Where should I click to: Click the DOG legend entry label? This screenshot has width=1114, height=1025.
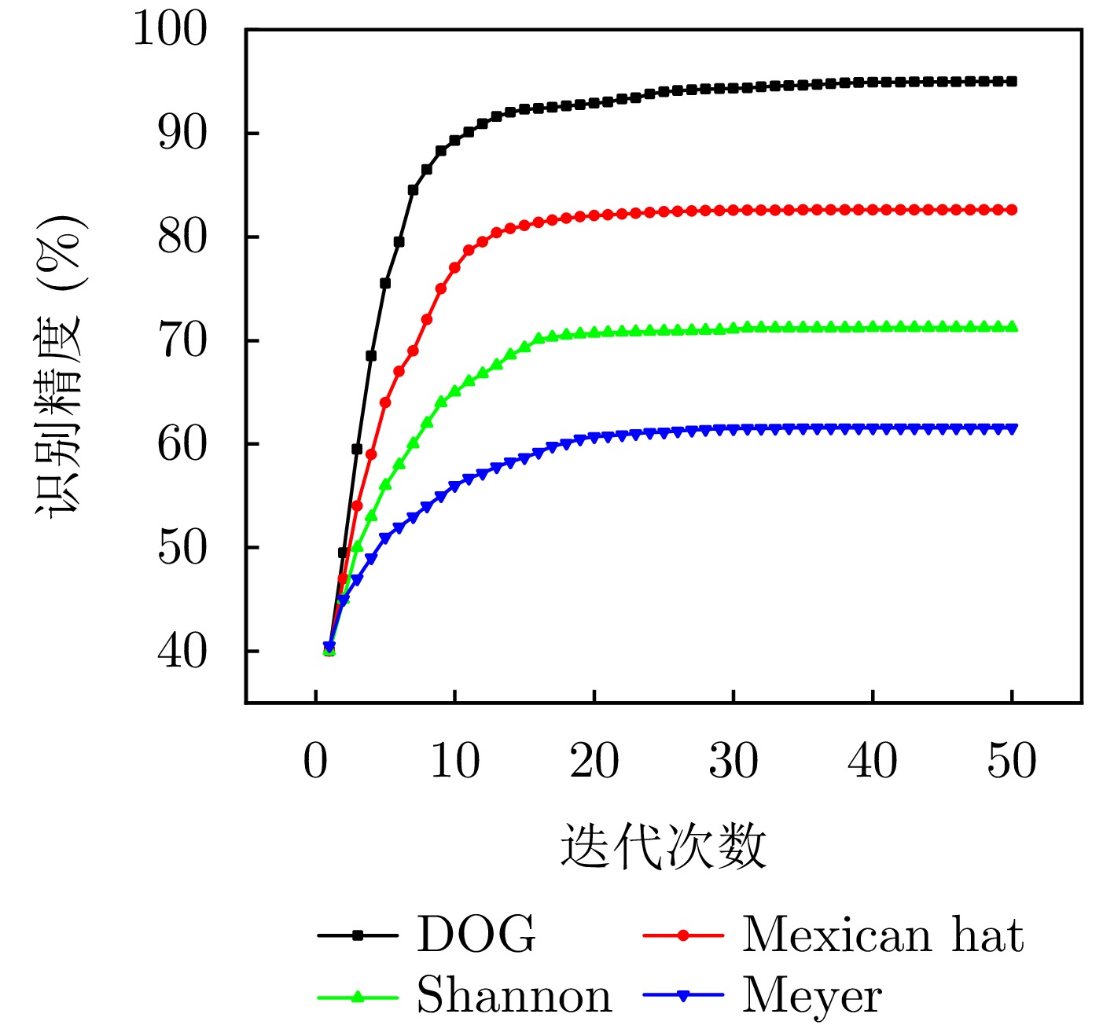476,935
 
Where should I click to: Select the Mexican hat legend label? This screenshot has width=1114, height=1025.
882,935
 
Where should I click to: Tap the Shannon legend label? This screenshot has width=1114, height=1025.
513,996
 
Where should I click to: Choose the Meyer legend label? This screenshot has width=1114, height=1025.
811,997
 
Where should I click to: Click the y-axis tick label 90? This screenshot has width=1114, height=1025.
182,134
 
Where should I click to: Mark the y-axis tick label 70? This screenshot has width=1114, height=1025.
182,340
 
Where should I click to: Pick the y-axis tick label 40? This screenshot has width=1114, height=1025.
182,651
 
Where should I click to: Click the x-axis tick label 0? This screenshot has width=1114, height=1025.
315,761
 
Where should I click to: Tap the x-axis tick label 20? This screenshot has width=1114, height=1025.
594,761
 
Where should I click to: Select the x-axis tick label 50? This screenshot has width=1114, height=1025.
1012,761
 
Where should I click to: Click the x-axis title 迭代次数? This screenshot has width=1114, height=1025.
663,847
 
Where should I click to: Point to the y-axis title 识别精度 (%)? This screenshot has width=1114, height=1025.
60,366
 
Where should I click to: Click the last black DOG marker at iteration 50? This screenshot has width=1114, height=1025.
1013,81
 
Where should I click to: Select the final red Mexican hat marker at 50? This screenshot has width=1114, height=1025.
1013,210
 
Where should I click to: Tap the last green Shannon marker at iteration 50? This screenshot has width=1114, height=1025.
1013,326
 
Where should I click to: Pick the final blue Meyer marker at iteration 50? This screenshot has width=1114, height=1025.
1013,428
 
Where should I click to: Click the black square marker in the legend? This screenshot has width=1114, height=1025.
358,935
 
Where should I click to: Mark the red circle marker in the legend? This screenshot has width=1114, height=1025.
683,935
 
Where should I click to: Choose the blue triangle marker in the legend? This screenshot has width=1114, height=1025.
683,996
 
